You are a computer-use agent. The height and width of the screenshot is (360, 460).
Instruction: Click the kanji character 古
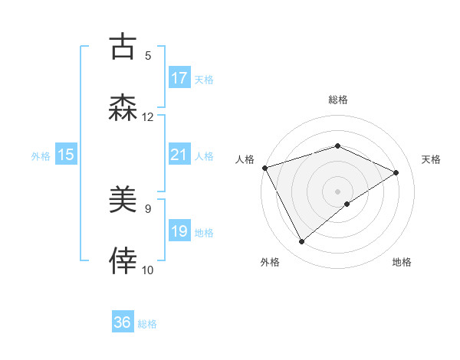click(123, 47)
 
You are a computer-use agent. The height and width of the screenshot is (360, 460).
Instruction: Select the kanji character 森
click(123, 108)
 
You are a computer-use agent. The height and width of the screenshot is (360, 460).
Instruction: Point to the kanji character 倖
click(123, 261)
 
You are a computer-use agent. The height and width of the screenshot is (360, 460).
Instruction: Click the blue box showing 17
click(179, 77)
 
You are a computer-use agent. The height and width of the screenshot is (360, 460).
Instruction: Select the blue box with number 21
click(179, 155)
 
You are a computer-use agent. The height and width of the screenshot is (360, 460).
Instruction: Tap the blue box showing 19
click(179, 231)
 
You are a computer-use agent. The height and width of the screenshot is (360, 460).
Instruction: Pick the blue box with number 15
click(66, 155)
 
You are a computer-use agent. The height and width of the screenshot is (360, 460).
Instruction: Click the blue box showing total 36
click(123, 322)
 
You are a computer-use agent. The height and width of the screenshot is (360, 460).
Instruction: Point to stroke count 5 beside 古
click(148, 55)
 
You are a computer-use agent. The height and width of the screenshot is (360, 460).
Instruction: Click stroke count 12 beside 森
click(148, 116)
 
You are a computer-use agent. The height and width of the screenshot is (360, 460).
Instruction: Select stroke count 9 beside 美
click(148, 208)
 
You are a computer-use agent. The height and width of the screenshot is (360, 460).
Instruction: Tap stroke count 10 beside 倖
click(148, 270)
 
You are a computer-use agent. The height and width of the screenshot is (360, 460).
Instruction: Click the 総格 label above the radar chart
click(338, 100)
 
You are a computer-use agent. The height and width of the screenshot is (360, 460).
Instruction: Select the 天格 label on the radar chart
click(432, 159)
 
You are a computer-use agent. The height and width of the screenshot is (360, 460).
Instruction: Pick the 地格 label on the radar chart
click(402, 262)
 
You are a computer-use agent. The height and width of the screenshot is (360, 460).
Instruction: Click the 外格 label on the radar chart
click(270, 262)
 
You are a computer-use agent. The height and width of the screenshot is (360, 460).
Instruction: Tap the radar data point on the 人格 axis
click(264, 168)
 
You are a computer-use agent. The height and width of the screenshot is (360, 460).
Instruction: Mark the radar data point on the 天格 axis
click(396, 172)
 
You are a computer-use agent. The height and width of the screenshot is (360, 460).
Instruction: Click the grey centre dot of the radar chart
click(338, 191)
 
